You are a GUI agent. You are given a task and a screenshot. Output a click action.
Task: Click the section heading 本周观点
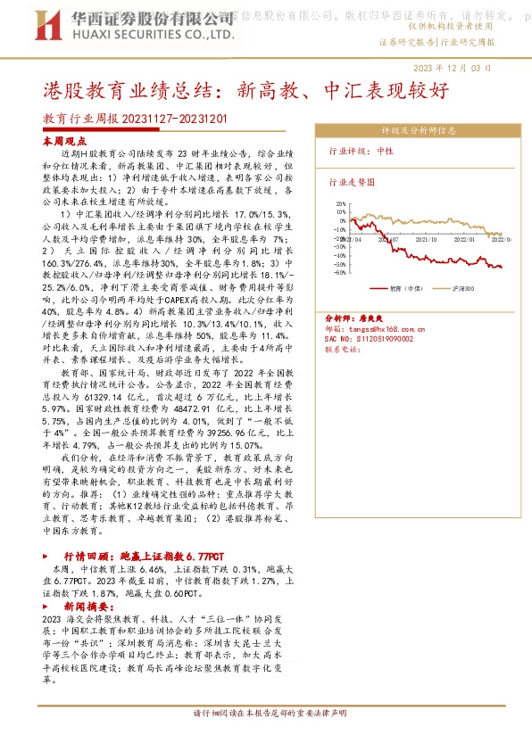(65, 142)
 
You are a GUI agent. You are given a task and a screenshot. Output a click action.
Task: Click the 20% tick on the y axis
(342, 203)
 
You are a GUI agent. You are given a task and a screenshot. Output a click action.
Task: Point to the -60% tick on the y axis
(341, 272)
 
